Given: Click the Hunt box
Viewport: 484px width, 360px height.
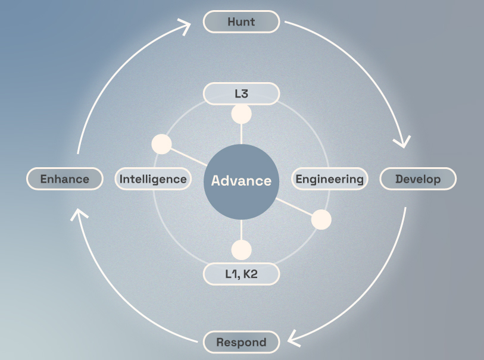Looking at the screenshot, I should pos(241,22).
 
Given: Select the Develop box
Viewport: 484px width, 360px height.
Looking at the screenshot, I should pos(418,179).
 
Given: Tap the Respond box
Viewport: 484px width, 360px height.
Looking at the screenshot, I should pos(241,342).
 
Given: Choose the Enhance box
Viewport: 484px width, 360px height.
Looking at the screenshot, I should pos(64,179).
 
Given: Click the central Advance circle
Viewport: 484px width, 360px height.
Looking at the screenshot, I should pos(241,181).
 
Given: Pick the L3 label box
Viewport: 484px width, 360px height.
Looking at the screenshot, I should pos(241,93).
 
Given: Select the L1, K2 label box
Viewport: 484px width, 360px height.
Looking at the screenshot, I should pos(241,274).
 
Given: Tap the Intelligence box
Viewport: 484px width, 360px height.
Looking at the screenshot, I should pos(153,179).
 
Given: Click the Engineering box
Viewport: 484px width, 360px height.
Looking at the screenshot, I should pos(330,179).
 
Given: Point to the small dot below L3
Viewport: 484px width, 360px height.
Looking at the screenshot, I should pos(241,114).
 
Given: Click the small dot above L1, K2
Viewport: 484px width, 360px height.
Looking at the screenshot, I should pos(241,250).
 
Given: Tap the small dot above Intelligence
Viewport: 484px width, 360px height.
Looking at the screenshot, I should pos(161,144).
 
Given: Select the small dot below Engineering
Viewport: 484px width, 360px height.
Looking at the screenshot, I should pos(321,220).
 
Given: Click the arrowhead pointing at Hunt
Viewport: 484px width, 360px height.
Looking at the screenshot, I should pos(186,24).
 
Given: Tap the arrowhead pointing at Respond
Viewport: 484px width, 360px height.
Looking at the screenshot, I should pos(293,340).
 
